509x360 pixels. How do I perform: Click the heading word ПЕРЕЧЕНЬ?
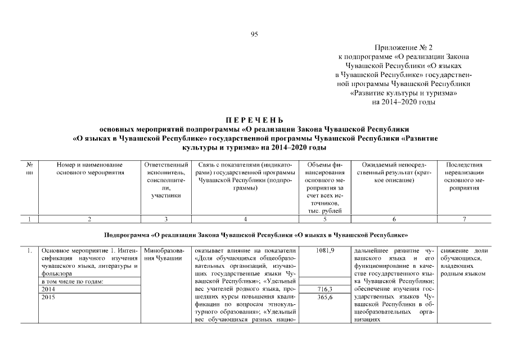pyautogui.click(x=254, y=120)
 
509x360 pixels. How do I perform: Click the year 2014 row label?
pyautogui.click(x=47, y=289)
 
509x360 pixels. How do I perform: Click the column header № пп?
pyautogui.click(x=29, y=168)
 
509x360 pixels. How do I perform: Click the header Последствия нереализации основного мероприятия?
pyautogui.click(x=464, y=176)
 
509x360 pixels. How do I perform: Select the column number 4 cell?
pyautogui.click(x=245, y=219)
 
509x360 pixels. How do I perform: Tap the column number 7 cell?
pyautogui.click(x=464, y=219)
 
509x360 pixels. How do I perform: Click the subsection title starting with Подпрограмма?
pyautogui.click(x=255, y=234)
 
